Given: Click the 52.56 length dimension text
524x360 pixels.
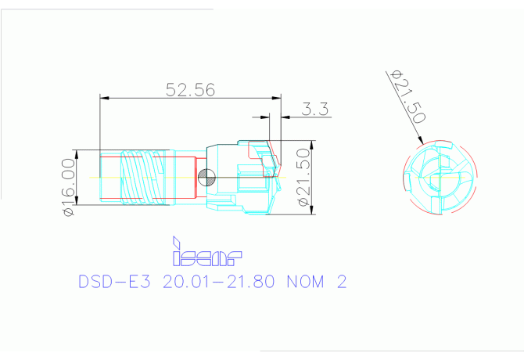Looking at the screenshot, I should [190, 88].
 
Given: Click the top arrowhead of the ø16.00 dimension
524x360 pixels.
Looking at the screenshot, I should [75, 152].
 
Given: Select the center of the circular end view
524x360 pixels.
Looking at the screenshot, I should [440, 178].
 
